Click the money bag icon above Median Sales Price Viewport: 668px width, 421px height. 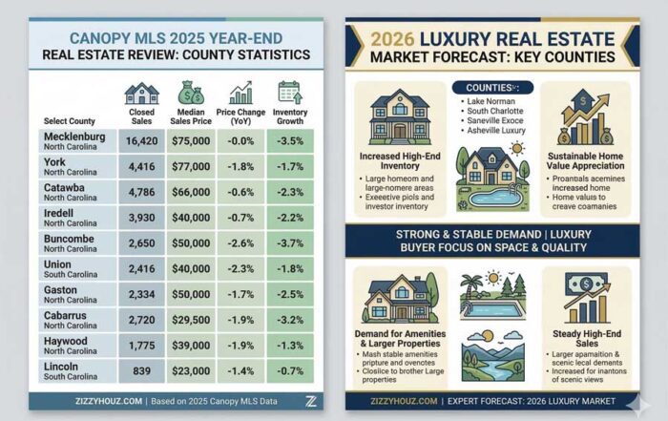click(189, 93)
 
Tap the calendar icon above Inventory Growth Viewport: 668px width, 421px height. click(289, 92)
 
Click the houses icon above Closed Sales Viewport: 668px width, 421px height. click(141, 93)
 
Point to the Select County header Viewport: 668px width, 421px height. click(69, 121)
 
